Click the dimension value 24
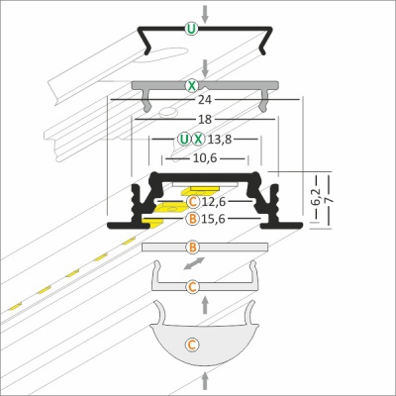(205, 99)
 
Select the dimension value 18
(205, 119)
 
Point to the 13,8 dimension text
(220, 140)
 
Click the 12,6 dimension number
(214, 202)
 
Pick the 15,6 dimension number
(214, 219)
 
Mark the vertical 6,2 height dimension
(317, 197)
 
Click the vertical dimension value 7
(329, 200)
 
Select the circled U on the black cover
(191, 29)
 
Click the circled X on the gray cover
(191, 86)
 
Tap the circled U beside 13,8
(184, 140)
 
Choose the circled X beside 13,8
(198, 140)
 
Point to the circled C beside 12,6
(193, 202)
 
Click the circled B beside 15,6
(193, 219)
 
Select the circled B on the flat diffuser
(193, 247)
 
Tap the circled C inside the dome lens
(192, 345)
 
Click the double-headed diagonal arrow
(194, 263)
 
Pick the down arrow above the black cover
(205, 14)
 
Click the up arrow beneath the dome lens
(205, 380)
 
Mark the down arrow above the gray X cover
(205, 68)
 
